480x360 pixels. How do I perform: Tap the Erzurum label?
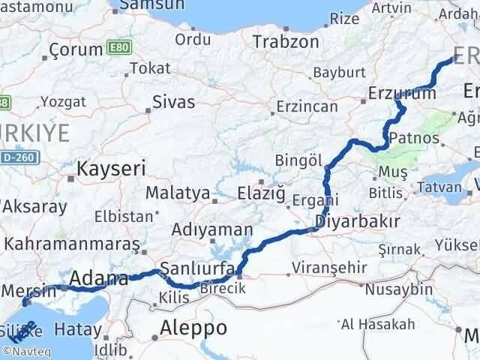[402, 94]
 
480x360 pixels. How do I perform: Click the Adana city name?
[98, 280]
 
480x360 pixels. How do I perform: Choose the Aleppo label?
[193, 328]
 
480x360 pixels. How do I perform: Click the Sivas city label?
[173, 101]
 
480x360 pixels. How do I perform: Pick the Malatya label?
[177, 193]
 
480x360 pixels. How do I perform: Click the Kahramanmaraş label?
[73, 244]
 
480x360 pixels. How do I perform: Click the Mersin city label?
[28, 289]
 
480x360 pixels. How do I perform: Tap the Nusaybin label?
[404, 289]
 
